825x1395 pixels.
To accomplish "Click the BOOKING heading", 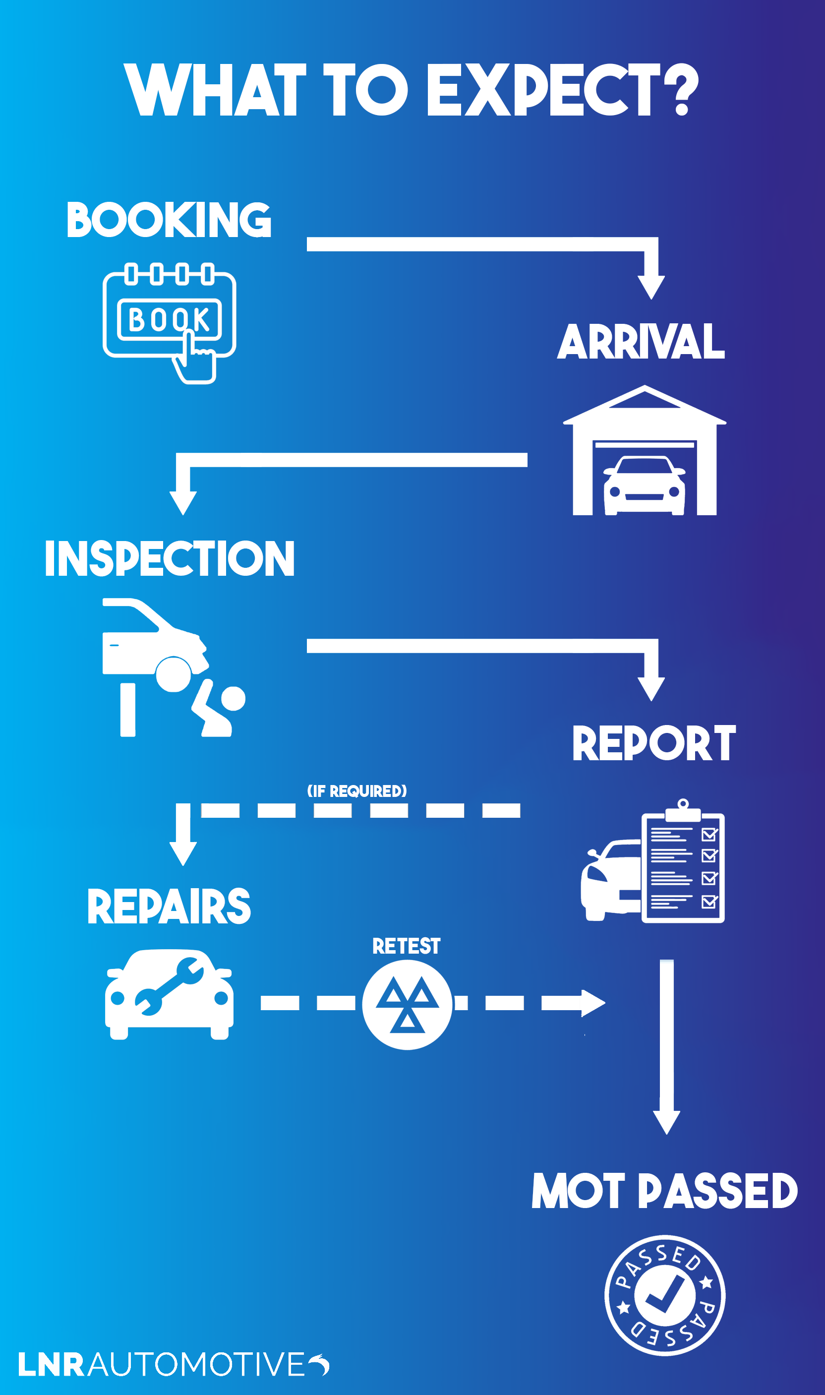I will point(169,220).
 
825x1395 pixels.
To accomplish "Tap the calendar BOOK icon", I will point(169,318).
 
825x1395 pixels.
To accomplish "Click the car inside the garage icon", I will point(645,485).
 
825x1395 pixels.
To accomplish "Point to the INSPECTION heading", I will point(169,558).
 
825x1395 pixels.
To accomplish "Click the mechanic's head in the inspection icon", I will point(234,698).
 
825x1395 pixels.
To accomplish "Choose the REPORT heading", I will point(654,743).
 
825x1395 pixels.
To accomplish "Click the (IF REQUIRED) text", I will point(357,791).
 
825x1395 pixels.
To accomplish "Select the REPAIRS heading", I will point(169,907).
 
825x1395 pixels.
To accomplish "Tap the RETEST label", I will point(407,946).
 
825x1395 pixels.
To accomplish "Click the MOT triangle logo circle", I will point(408,1005).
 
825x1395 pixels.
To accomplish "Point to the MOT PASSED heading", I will point(664,1191).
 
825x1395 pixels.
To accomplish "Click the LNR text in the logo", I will point(51,1365).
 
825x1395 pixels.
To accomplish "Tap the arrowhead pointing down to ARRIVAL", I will point(651,287).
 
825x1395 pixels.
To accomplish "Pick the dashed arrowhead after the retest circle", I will point(592,1003).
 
